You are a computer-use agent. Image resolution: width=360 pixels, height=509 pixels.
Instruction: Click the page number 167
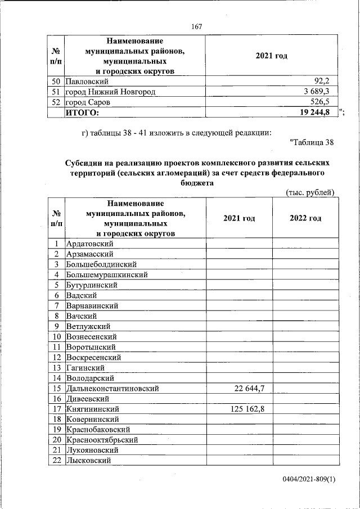pos(196,26)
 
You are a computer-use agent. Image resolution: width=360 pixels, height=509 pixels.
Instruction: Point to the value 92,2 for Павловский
pos(327,81)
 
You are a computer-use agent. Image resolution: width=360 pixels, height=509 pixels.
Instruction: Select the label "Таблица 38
pos(311,142)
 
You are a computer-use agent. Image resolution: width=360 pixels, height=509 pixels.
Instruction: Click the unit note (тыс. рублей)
pos(310,192)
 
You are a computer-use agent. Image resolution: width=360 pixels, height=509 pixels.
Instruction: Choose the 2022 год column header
pos(305,218)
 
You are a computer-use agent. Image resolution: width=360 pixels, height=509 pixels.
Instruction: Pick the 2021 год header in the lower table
pos(239,218)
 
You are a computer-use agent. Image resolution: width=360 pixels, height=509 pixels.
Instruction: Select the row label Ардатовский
pos(90,244)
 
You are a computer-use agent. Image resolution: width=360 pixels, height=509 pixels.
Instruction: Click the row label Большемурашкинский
pos(107,274)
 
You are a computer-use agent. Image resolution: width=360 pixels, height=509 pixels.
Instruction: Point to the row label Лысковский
pos(88,461)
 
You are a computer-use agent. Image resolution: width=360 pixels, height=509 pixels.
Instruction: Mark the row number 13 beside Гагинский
pos(57,367)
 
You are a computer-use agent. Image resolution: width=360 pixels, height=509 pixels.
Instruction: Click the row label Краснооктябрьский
pos(102,440)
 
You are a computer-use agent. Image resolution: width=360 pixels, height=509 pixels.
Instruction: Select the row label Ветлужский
pos(88,326)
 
